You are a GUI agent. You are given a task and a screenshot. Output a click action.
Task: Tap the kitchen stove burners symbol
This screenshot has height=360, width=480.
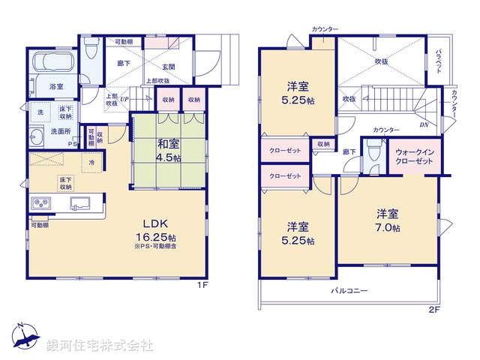(x=40, y=204)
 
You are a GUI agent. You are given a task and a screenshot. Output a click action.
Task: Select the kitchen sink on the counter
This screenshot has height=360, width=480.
(x=80, y=203)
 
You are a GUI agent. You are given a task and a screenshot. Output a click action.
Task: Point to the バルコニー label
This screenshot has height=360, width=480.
(x=349, y=290)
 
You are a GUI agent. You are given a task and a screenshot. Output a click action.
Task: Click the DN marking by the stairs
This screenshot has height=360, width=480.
(x=424, y=124)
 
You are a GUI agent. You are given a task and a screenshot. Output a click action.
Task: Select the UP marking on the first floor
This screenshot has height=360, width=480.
(x=124, y=99)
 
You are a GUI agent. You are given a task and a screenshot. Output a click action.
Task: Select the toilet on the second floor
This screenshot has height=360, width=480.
(x=373, y=148)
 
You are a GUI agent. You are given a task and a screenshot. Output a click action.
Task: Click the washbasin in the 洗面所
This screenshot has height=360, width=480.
(x=37, y=136)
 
